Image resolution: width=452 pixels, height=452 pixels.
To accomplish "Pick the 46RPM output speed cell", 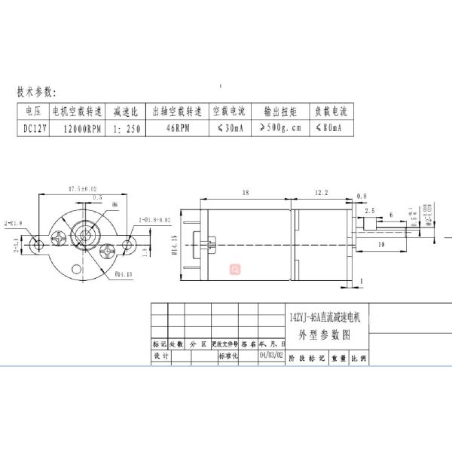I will [x=177, y=129].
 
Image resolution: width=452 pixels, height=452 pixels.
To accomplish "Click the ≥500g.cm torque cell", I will [x=279, y=129].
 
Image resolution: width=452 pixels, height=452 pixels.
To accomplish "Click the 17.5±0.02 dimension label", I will [x=83, y=188].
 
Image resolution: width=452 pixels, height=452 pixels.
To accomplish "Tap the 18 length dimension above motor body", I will [x=246, y=193].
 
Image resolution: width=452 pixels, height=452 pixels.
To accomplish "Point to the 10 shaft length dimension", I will [x=382, y=246].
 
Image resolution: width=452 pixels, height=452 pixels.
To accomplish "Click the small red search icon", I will [x=234, y=267].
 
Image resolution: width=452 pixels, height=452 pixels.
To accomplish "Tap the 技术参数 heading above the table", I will [x=37, y=93].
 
